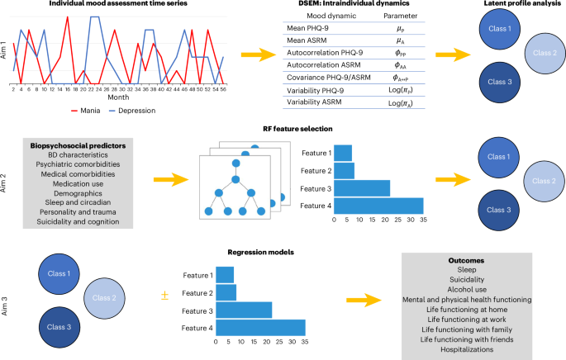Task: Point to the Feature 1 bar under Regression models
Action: (x=223, y=274)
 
